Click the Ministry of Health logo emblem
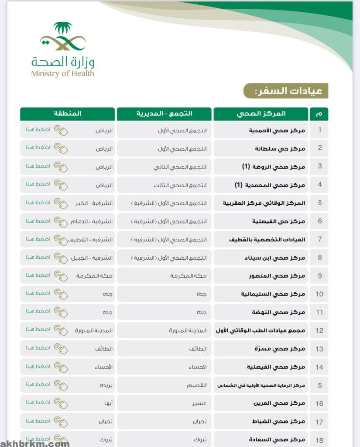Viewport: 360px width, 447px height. tap(62, 37)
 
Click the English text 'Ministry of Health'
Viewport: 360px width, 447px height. tap(62, 73)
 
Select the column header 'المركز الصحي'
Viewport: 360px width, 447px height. tap(261, 114)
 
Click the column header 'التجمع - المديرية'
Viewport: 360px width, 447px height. tap(164, 114)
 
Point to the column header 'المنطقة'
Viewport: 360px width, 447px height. tap(68, 114)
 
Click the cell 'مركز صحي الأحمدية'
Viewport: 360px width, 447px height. tap(280, 130)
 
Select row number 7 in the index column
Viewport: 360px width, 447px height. tap(320, 239)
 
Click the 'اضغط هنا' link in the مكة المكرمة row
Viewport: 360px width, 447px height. tap(38, 275)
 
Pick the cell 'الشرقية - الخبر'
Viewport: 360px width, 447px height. tap(94, 203)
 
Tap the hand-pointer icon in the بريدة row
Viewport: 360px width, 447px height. tap(61, 385)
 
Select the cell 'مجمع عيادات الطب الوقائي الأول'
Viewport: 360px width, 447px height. tap(261, 330)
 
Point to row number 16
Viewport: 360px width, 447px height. tap(320, 403)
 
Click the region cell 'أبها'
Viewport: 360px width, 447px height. tap(106, 403)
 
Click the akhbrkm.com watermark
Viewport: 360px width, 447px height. tap(35, 444)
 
